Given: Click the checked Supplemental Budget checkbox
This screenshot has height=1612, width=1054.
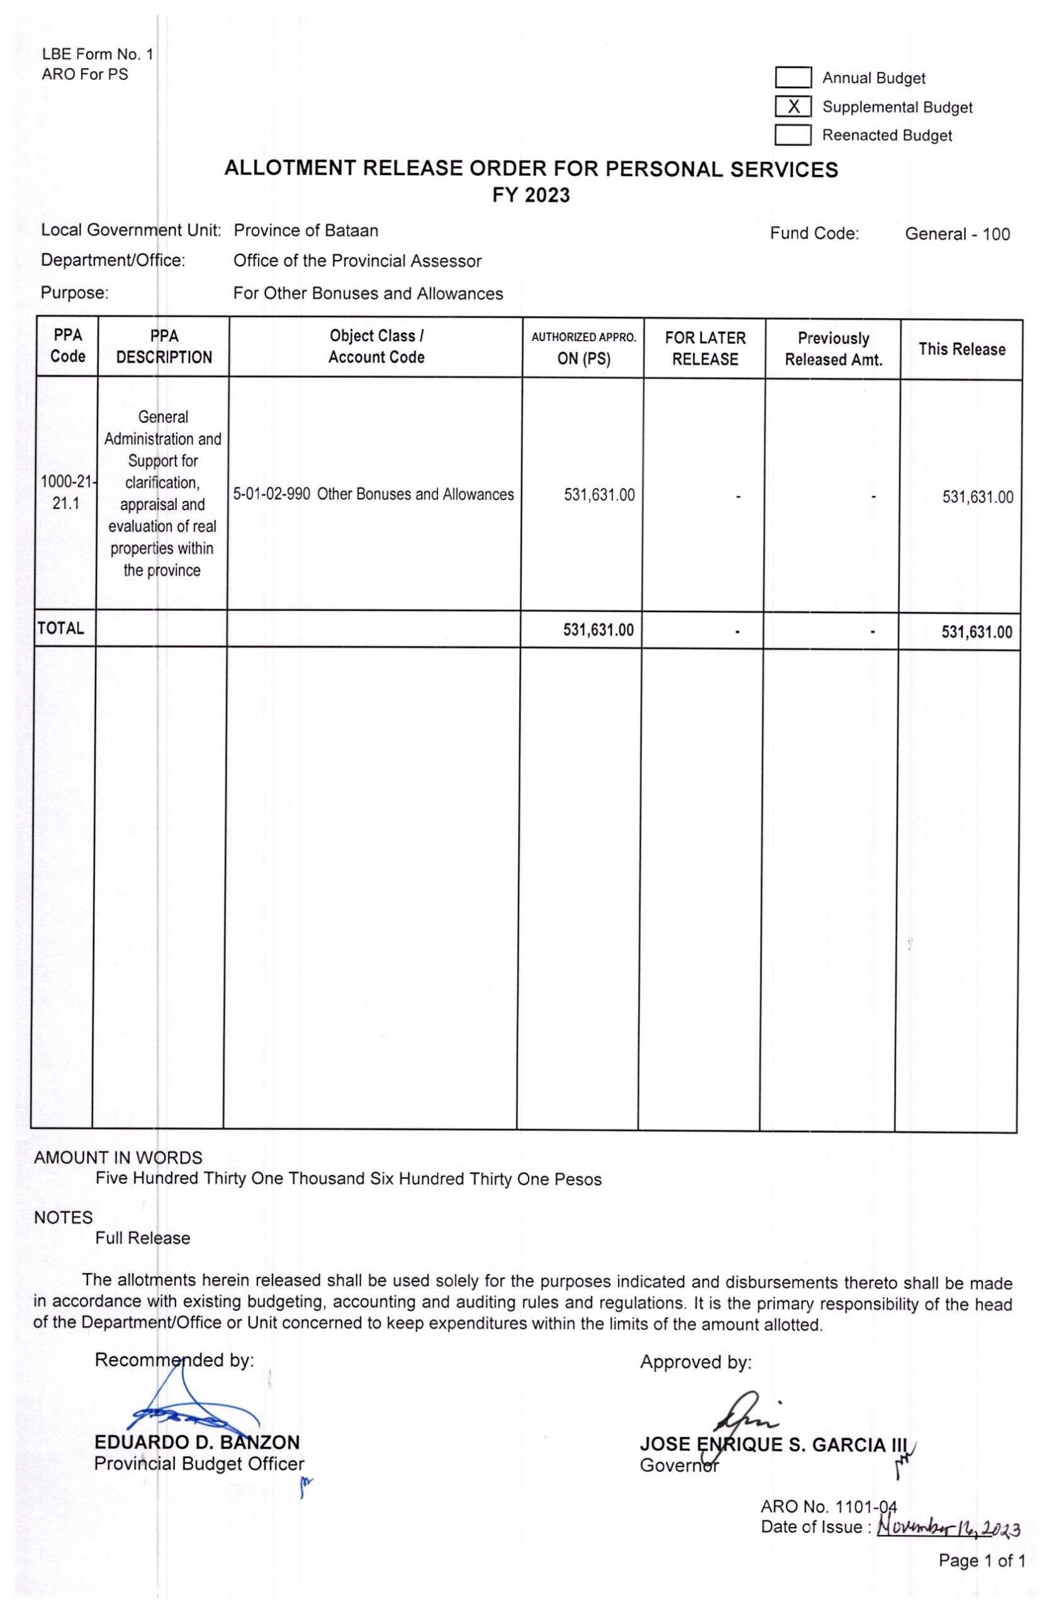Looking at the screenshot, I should (793, 107).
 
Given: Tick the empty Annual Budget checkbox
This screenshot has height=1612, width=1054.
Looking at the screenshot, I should (793, 78).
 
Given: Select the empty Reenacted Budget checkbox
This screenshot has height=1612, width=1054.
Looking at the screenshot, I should (793, 135).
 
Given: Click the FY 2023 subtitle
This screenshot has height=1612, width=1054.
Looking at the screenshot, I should (530, 196).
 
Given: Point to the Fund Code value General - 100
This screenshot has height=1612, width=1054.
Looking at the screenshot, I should (956, 234).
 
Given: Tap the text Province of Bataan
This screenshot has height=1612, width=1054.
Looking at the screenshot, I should (306, 230).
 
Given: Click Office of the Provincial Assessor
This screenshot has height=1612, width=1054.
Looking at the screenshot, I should (357, 261).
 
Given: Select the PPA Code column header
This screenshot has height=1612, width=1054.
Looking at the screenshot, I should (68, 346).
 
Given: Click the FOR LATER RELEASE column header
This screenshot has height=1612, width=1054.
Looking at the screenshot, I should (705, 348).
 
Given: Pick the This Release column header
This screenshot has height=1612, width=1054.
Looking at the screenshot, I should (961, 349).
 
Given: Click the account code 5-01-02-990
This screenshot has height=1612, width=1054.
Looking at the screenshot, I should (272, 494).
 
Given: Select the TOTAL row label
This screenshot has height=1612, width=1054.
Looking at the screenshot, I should (61, 628).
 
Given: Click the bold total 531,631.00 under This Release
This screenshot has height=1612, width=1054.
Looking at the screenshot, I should (976, 633).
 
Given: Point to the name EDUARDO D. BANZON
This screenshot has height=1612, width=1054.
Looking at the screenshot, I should (197, 1443).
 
